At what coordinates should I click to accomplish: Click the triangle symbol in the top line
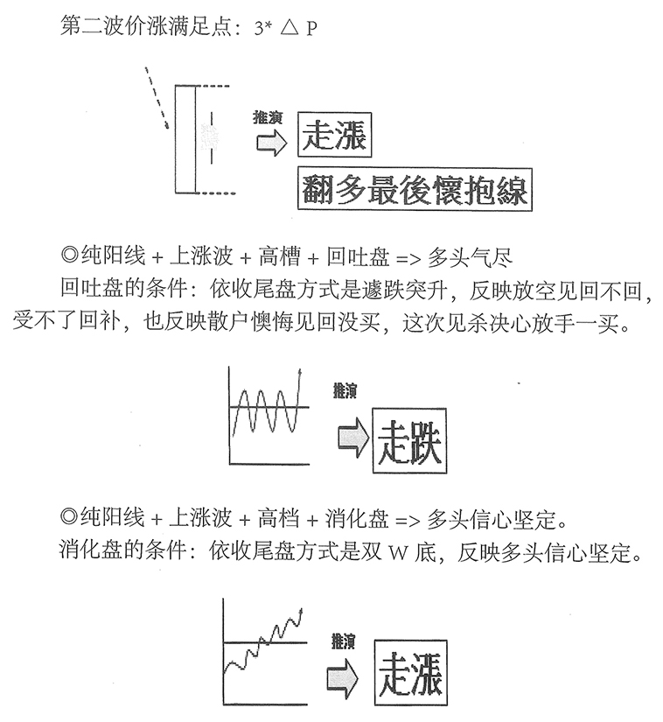tap(290, 28)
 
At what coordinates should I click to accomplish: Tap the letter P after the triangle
tap(311, 29)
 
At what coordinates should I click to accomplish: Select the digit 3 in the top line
tap(258, 29)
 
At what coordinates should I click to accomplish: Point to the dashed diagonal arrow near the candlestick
tap(157, 98)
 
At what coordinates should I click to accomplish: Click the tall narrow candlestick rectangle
tap(185, 138)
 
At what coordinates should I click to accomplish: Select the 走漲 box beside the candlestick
tap(334, 135)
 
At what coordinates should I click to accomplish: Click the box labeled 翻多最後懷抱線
tap(415, 190)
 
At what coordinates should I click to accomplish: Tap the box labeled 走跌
tap(409, 441)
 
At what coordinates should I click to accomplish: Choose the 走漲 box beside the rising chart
tap(410, 672)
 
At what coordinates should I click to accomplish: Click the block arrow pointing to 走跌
tap(353, 438)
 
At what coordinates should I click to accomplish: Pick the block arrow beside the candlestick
tap(271, 143)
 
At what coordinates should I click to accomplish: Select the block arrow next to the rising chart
tap(342, 679)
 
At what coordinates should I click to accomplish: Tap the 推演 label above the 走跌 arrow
tap(345, 391)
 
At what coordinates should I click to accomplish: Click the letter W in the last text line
tap(399, 551)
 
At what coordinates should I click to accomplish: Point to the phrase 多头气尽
tap(471, 257)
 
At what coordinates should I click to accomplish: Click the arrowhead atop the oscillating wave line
tap(300, 372)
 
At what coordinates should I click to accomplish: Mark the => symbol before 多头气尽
tap(408, 259)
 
